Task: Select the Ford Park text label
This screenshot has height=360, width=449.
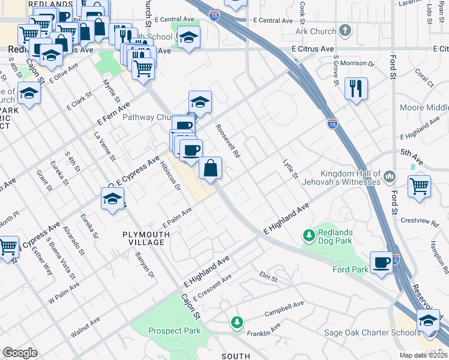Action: coord(350,270)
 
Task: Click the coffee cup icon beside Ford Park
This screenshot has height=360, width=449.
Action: coord(381,263)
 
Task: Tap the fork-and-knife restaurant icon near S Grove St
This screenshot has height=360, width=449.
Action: coord(356,89)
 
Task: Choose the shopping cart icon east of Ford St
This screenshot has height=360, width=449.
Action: coord(419,185)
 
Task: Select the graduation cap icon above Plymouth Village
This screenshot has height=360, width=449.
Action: coord(112,199)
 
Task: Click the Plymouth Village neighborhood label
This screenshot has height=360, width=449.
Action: coord(143,238)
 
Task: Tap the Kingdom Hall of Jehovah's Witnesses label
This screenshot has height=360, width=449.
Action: coord(351,177)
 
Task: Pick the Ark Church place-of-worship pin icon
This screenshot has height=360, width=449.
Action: coord(345,31)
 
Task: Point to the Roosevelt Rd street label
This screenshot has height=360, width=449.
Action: coord(228,145)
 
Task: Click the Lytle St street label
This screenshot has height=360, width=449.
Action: coord(291,169)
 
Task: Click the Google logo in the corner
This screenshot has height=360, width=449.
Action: coord(20,353)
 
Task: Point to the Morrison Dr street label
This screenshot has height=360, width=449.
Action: coord(357,62)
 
